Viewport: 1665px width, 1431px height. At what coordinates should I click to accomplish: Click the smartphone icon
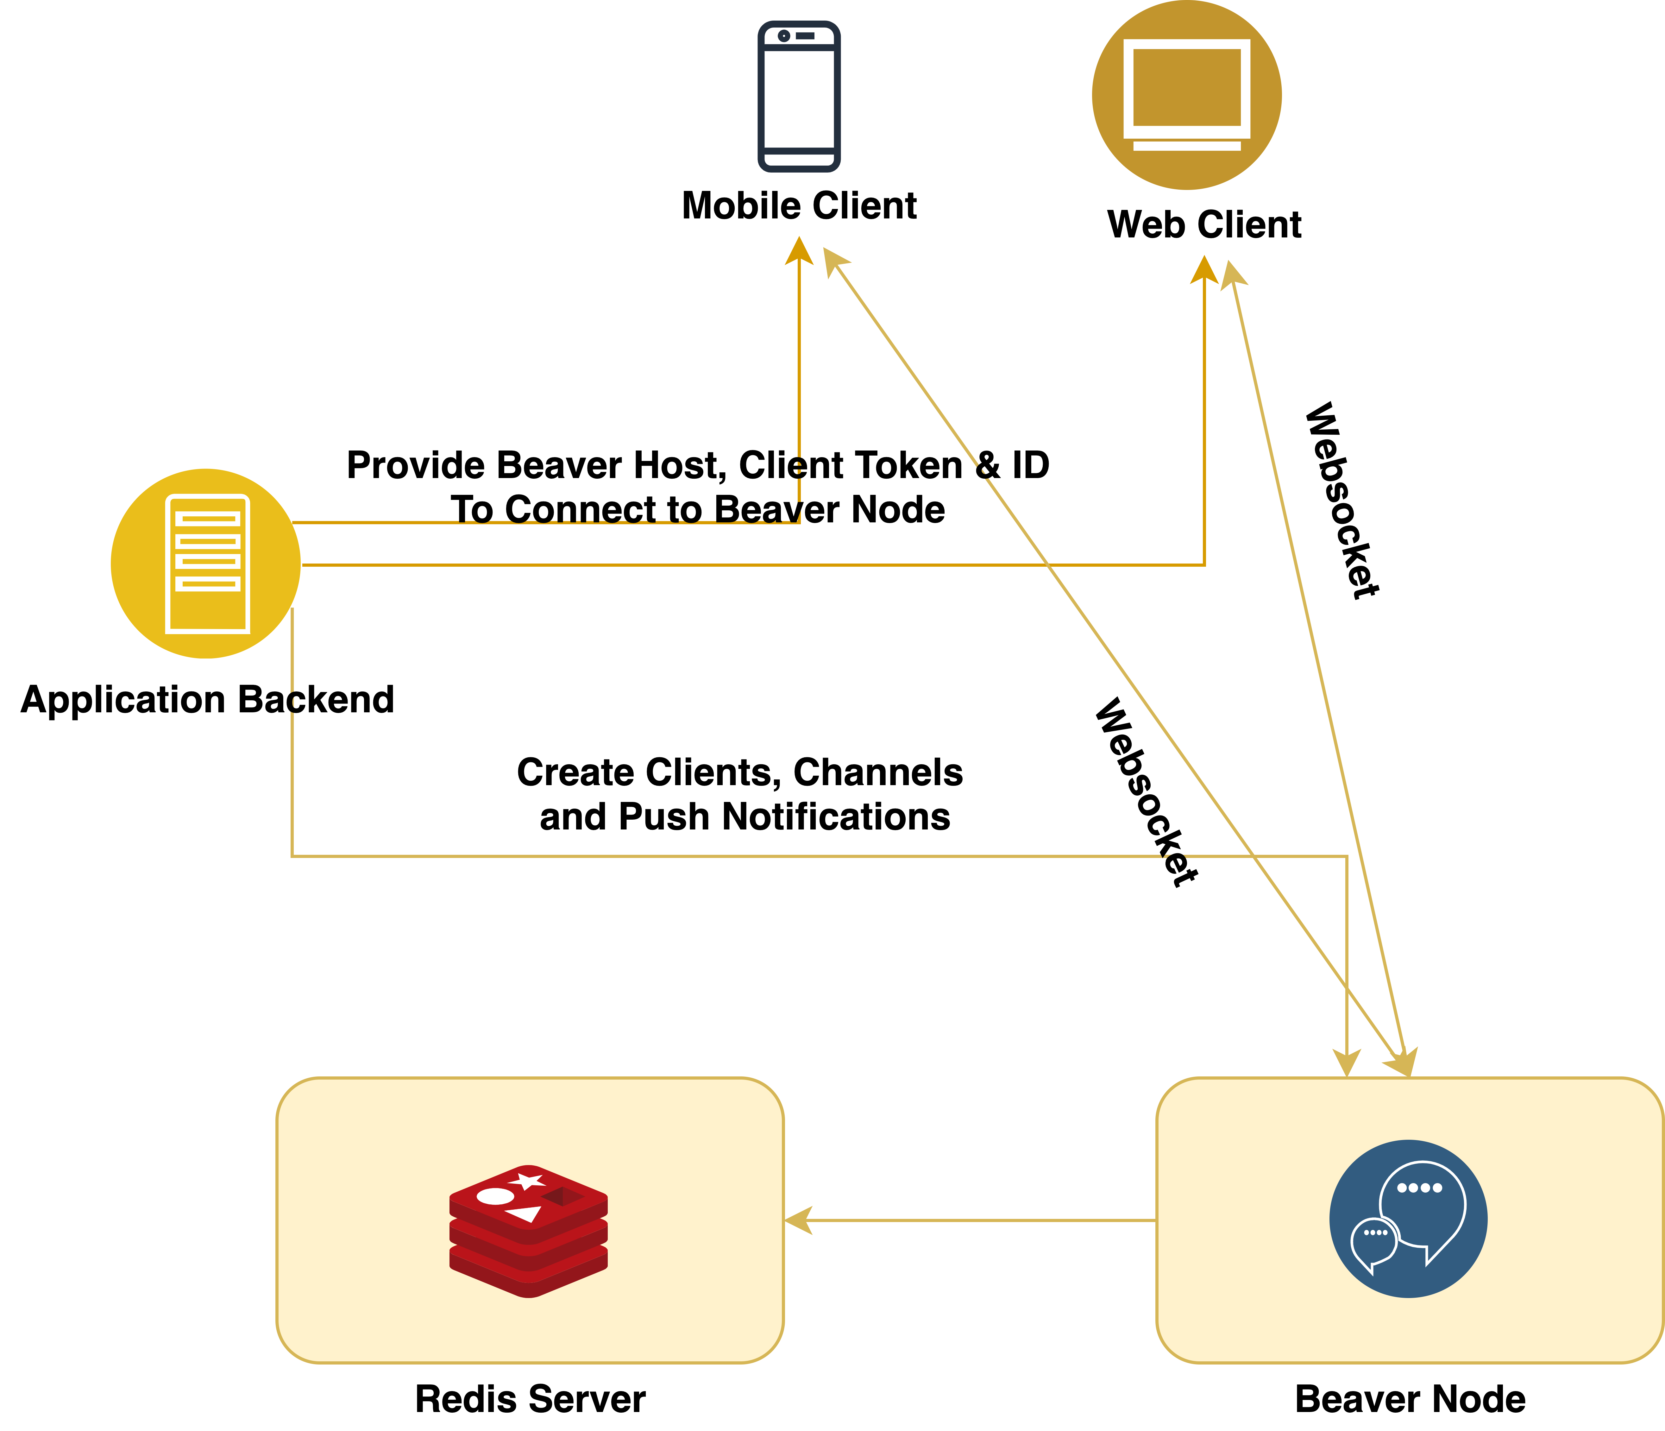[x=799, y=97]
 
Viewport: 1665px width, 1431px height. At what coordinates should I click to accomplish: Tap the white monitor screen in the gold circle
[x=1187, y=87]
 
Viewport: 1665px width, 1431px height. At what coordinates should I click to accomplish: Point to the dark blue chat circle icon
[x=1408, y=1218]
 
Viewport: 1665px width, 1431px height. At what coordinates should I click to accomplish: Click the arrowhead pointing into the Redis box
[x=798, y=1220]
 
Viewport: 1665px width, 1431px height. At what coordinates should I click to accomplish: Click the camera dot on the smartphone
[x=783, y=36]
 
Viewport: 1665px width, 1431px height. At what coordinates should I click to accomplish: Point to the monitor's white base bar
[x=1187, y=145]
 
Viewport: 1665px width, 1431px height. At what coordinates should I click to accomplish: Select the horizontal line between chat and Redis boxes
[x=980, y=1220]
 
